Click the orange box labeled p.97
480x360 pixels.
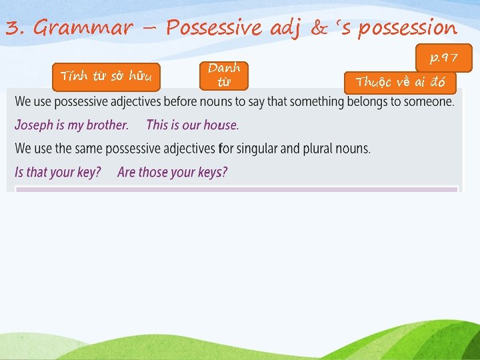coord(444,58)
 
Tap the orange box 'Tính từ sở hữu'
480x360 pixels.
coord(106,77)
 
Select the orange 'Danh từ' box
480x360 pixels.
coord(224,75)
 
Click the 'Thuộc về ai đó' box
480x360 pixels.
coord(400,82)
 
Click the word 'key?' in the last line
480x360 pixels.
coord(88,172)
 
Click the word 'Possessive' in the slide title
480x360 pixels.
coord(215,28)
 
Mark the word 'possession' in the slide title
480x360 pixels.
coord(407,28)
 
